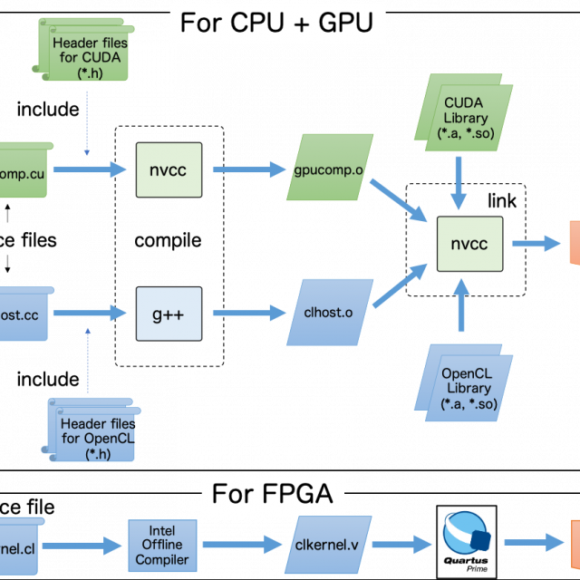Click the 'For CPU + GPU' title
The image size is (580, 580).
tap(276, 23)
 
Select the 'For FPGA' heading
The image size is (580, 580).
tap(272, 494)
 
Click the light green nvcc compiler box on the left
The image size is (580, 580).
tap(168, 169)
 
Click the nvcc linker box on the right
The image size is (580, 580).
tap(469, 244)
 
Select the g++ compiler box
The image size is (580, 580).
tap(168, 313)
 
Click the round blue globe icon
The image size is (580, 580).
tap(466, 535)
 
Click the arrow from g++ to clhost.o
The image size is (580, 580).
tap(249, 313)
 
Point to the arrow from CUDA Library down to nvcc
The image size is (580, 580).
tap(460, 184)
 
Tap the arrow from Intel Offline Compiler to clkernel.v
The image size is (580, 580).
tap(238, 545)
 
